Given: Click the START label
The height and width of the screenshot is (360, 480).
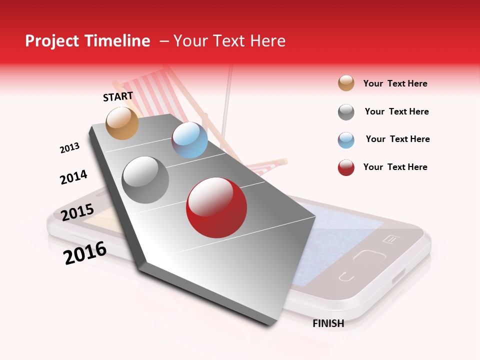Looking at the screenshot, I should (x=118, y=96).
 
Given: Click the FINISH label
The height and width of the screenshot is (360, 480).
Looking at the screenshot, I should (x=328, y=323).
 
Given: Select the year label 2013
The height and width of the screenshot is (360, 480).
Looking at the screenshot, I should (x=69, y=148).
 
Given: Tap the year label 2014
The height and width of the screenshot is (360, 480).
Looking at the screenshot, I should (x=73, y=177).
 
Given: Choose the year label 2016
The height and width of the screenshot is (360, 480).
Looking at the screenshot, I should (x=85, y=253).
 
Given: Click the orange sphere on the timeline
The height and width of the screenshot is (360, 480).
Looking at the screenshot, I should (x=122, y=123).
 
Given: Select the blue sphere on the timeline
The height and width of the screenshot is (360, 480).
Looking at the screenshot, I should (x=189, y=140).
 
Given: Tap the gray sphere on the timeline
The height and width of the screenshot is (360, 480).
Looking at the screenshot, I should (x=145, y=180).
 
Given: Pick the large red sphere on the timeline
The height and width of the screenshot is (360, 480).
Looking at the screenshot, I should (x=216, y=207).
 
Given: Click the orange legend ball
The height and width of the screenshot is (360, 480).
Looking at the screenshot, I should (x=346, y=83).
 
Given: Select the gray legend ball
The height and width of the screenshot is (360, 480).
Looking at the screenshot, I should (x=346, y=112).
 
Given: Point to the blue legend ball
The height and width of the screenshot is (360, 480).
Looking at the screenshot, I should (x=346, y=139).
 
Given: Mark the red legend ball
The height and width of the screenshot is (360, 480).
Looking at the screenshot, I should (x=346, y=167).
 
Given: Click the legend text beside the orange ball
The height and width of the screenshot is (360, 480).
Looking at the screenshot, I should (x=395, y=83).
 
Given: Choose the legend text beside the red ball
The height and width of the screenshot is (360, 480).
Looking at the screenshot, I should (x=395, y=167).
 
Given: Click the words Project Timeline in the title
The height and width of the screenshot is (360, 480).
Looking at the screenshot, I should (x=87, y=41).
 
